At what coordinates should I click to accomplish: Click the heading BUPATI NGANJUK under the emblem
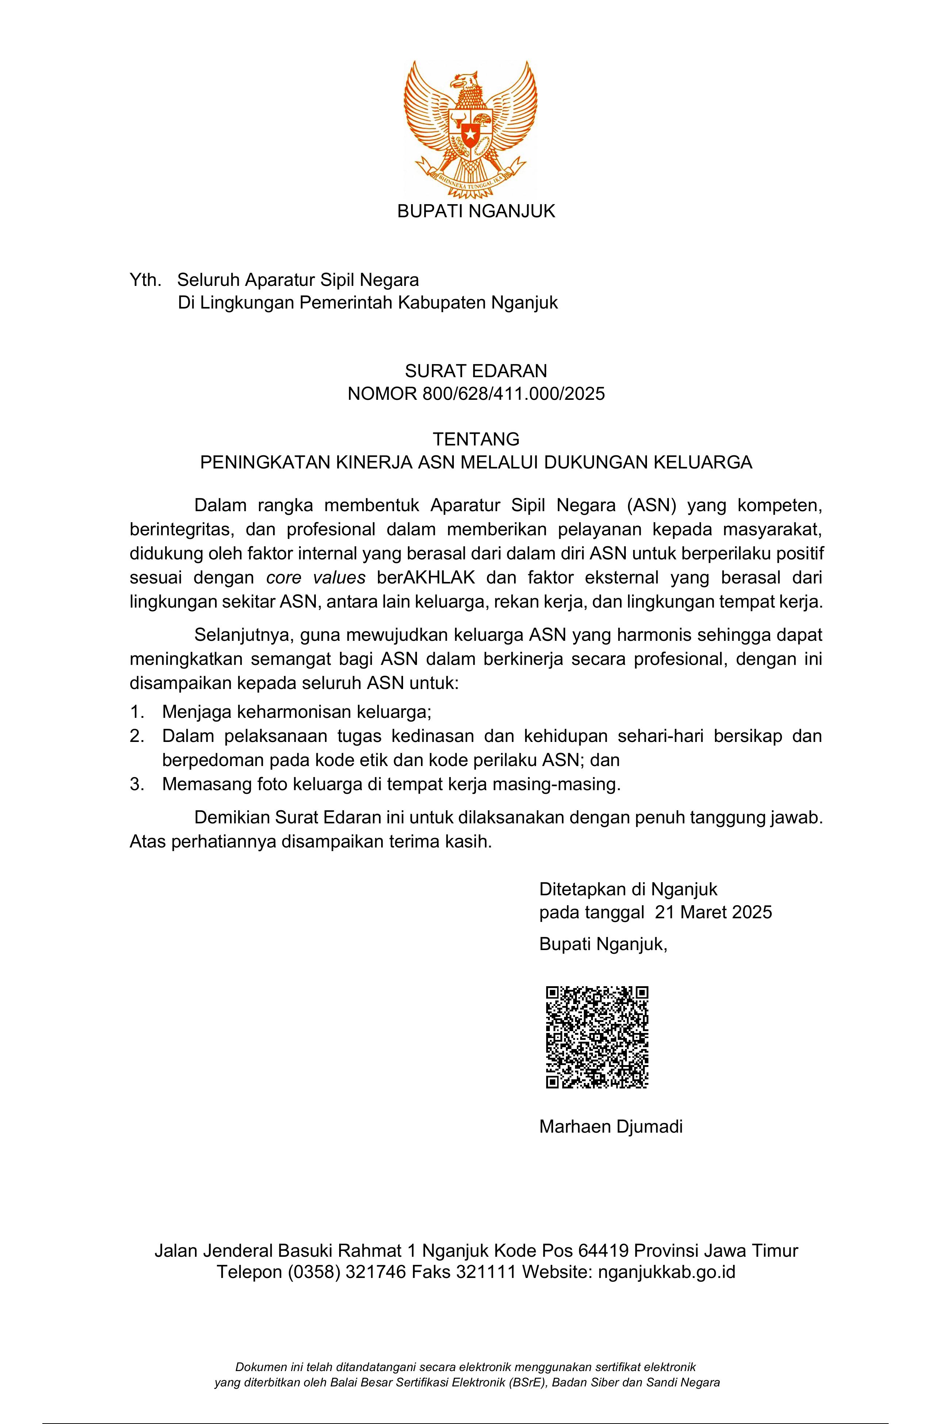tap(476, 211)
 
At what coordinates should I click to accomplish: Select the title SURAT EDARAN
tap(476, 371)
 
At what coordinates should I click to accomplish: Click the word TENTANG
tap(476, 439)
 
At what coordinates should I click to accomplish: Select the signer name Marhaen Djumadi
tap(611, 1127)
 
